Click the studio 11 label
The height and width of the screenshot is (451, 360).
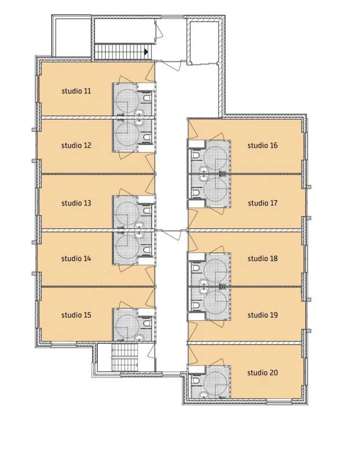point(76,91)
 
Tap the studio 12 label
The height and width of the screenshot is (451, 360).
point(76,145)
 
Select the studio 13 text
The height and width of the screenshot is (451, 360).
point(76,203)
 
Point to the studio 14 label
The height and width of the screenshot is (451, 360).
point(76,259)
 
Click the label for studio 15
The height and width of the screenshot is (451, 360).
point(76,315)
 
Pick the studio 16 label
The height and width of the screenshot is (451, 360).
point(263,145)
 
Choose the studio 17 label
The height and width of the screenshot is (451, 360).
point(263,203)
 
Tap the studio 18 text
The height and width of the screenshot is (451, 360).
point(263,259)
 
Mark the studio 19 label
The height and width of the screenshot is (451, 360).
point(263,315)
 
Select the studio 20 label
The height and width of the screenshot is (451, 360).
point(263,373)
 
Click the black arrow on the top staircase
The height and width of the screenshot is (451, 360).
point(146,52)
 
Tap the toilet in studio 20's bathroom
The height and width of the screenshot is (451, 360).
point(196,381)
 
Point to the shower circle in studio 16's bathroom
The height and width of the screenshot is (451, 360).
point(215,158)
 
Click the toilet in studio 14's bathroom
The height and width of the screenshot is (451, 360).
point(147,249)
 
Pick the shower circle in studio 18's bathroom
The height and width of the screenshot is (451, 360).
point(215,271)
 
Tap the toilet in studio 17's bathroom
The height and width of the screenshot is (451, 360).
point(196,192)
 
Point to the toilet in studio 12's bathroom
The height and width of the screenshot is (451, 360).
point(147,137)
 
